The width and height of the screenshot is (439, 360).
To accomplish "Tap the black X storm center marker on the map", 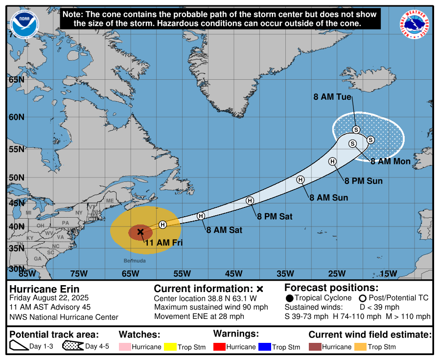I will tap(140, 232).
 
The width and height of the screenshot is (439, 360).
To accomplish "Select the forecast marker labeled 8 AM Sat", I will tap(201, 216).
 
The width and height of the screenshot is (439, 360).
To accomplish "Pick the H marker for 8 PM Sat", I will tap(250, 201).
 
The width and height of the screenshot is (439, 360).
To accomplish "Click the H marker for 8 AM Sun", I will tap(300, 180).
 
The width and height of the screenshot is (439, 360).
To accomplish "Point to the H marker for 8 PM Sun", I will tap(332, 161).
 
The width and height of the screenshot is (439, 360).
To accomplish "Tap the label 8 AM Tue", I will tap(332, 97).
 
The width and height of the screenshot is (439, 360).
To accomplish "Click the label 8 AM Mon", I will tap(390, 161).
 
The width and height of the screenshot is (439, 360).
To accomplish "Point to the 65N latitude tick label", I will tap(17, 80).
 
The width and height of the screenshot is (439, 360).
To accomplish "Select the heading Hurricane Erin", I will tap(45, 289).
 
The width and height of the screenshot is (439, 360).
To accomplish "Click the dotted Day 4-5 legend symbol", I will tap(72, 346).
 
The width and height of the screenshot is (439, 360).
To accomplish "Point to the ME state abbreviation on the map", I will tap(110, 201).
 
